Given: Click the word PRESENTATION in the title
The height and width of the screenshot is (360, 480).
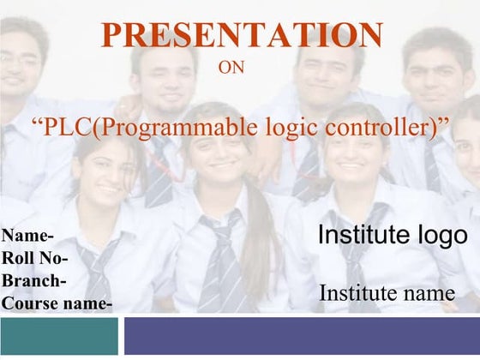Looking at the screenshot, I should [x=242, y=36].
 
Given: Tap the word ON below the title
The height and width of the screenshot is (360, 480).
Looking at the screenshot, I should [x=232, y=67].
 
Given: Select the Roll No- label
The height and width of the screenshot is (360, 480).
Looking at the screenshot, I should [x=37, y=258].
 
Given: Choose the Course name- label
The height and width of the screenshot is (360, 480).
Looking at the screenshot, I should [x=57, y=302].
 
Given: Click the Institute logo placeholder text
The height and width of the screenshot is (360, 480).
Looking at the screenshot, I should [x=393, y=236].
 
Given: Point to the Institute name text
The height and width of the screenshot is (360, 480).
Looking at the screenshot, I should [x=387, y=293].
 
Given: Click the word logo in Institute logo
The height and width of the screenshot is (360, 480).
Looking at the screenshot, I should [x=442, y=236].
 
